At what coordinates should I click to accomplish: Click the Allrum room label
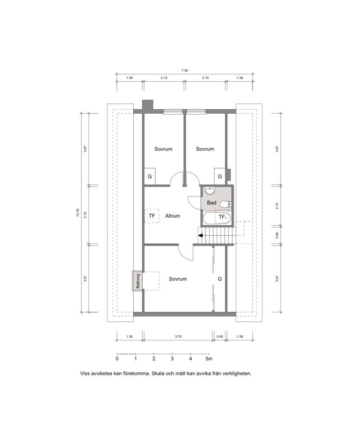(x=172, y=216)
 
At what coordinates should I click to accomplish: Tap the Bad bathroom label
(x=211, y=203)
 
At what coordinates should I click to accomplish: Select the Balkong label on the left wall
(x=138, y=281)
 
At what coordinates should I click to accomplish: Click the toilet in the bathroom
(x=226, y=204)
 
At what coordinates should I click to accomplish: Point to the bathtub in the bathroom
(x=217, y=218)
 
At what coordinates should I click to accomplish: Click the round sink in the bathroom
(x=211, y=190)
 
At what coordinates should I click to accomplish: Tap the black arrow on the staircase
(x=200, y=235)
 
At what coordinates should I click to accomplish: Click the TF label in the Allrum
(x=152, y=216)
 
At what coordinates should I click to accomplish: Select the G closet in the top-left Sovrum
(x=150, y=176)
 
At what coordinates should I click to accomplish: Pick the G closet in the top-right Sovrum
(x=220, y=176)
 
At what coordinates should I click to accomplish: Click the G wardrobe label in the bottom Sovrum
(x=220, y=279)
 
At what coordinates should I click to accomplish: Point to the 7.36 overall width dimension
(x=184, y=70)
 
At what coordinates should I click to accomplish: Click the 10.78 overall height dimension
(x=77, y=213)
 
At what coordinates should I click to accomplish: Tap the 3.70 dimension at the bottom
(x=178, y=336)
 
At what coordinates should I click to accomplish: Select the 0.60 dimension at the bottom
(x=220, y=336)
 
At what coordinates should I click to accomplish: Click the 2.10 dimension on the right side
(x=277, y=205)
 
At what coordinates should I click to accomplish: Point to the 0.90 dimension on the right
(x=277, y=235)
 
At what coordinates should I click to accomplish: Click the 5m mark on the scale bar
(x=209, y=359)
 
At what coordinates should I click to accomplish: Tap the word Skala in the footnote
(x=157, y=374)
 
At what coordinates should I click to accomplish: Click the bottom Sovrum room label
(x=178, y=279)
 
